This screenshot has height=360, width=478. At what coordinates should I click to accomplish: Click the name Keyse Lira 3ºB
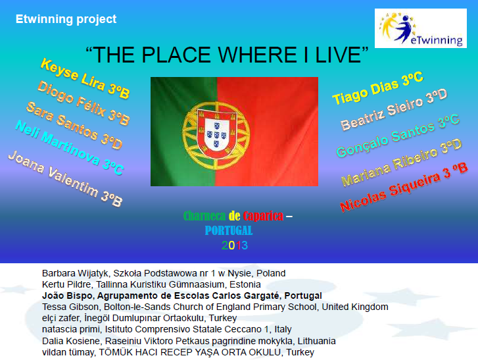84,78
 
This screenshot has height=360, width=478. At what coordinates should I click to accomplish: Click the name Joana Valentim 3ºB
64,178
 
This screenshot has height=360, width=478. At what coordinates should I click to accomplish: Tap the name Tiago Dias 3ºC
377,89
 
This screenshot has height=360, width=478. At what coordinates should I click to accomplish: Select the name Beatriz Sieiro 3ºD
393,111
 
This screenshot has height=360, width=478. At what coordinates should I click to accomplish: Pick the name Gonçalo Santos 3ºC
397,136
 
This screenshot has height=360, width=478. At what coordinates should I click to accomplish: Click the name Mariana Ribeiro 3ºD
401,163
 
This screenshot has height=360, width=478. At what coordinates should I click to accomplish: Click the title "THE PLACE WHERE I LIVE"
224,54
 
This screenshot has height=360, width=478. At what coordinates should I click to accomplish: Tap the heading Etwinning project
66,19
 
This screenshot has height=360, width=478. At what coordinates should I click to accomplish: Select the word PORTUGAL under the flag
228,231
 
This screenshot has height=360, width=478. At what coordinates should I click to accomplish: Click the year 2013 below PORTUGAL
234,245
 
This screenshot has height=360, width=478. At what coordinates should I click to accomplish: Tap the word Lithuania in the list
316,341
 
